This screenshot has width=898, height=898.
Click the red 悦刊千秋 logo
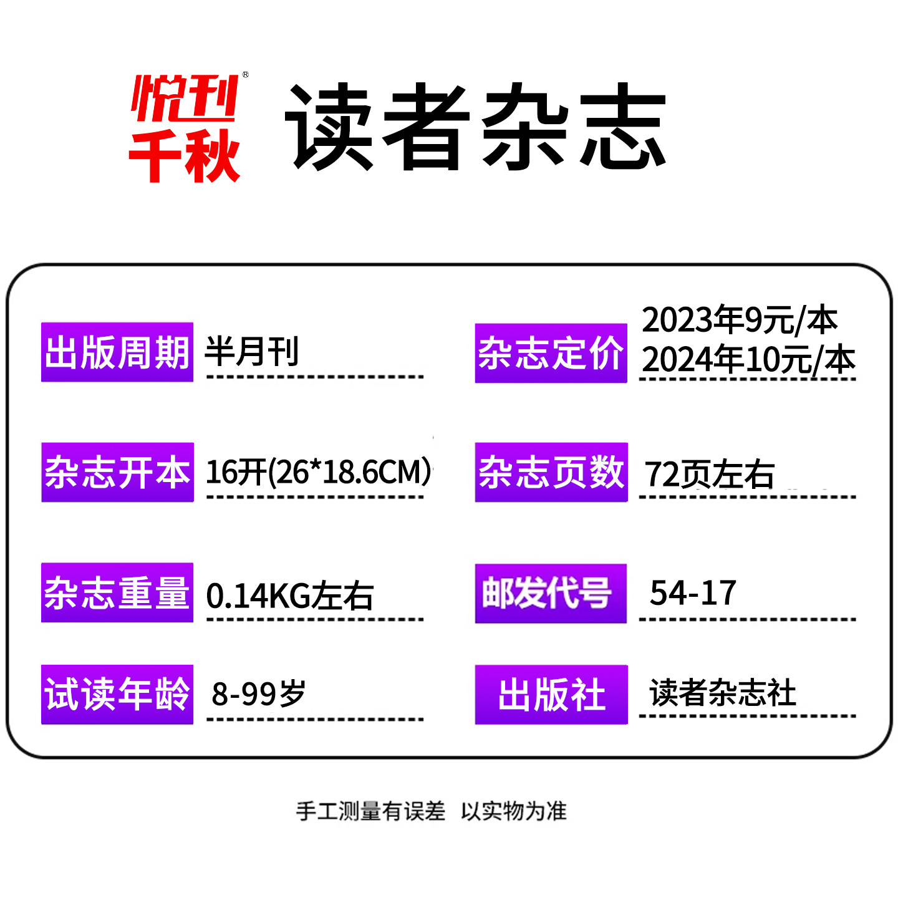click(x=185, y=128)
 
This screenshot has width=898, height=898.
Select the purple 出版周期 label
click(x=117, y=352)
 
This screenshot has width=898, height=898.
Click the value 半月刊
click(x=253, y=351)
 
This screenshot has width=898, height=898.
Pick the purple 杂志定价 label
click(x=551, y=353)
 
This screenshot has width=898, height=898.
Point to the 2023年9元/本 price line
click(x=739, y=320)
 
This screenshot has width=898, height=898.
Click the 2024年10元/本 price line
click(x=748, y=360)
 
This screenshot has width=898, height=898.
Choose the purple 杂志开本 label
click(x=117, y=472)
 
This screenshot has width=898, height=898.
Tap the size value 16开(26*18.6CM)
click(x=318, y=472)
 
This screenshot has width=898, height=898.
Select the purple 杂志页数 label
click(x=551, y=472)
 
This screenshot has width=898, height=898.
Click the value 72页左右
click(x=709, y=475)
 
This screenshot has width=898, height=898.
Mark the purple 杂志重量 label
click(x=117, y=592)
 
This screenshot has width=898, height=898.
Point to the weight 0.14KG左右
click(x=289, y=596)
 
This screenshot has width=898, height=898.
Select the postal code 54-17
click(x=693, y=592)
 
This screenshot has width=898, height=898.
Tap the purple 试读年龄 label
click(x=117, y=694)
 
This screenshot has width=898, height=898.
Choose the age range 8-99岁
click(x=258, y=693)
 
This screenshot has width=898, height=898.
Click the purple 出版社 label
click(x=551, y=694)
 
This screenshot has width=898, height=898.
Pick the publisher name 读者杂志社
click(x=723, y=693)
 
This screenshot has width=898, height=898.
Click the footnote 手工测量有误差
click(x=370, y=811)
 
